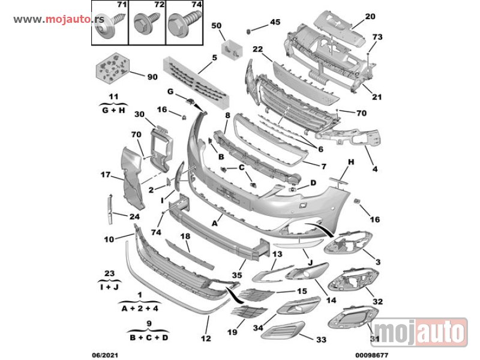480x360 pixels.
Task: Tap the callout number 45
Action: tap(275, 22)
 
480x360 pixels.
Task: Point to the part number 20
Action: tap(370, 16)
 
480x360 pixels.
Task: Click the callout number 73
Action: tap(377, 37)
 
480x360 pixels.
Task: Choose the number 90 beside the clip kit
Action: tap(152, 77)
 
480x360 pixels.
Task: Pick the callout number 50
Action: tap(217, 25)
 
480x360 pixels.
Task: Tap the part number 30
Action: tap(139, 114)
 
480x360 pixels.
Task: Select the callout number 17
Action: tap(106, 175)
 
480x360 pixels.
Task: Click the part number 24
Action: tap(134, 217)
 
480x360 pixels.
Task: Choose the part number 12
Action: tap(206, 338)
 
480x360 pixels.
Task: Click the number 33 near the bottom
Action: tap(322, 340)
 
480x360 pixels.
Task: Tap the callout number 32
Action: tap(378, 302)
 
